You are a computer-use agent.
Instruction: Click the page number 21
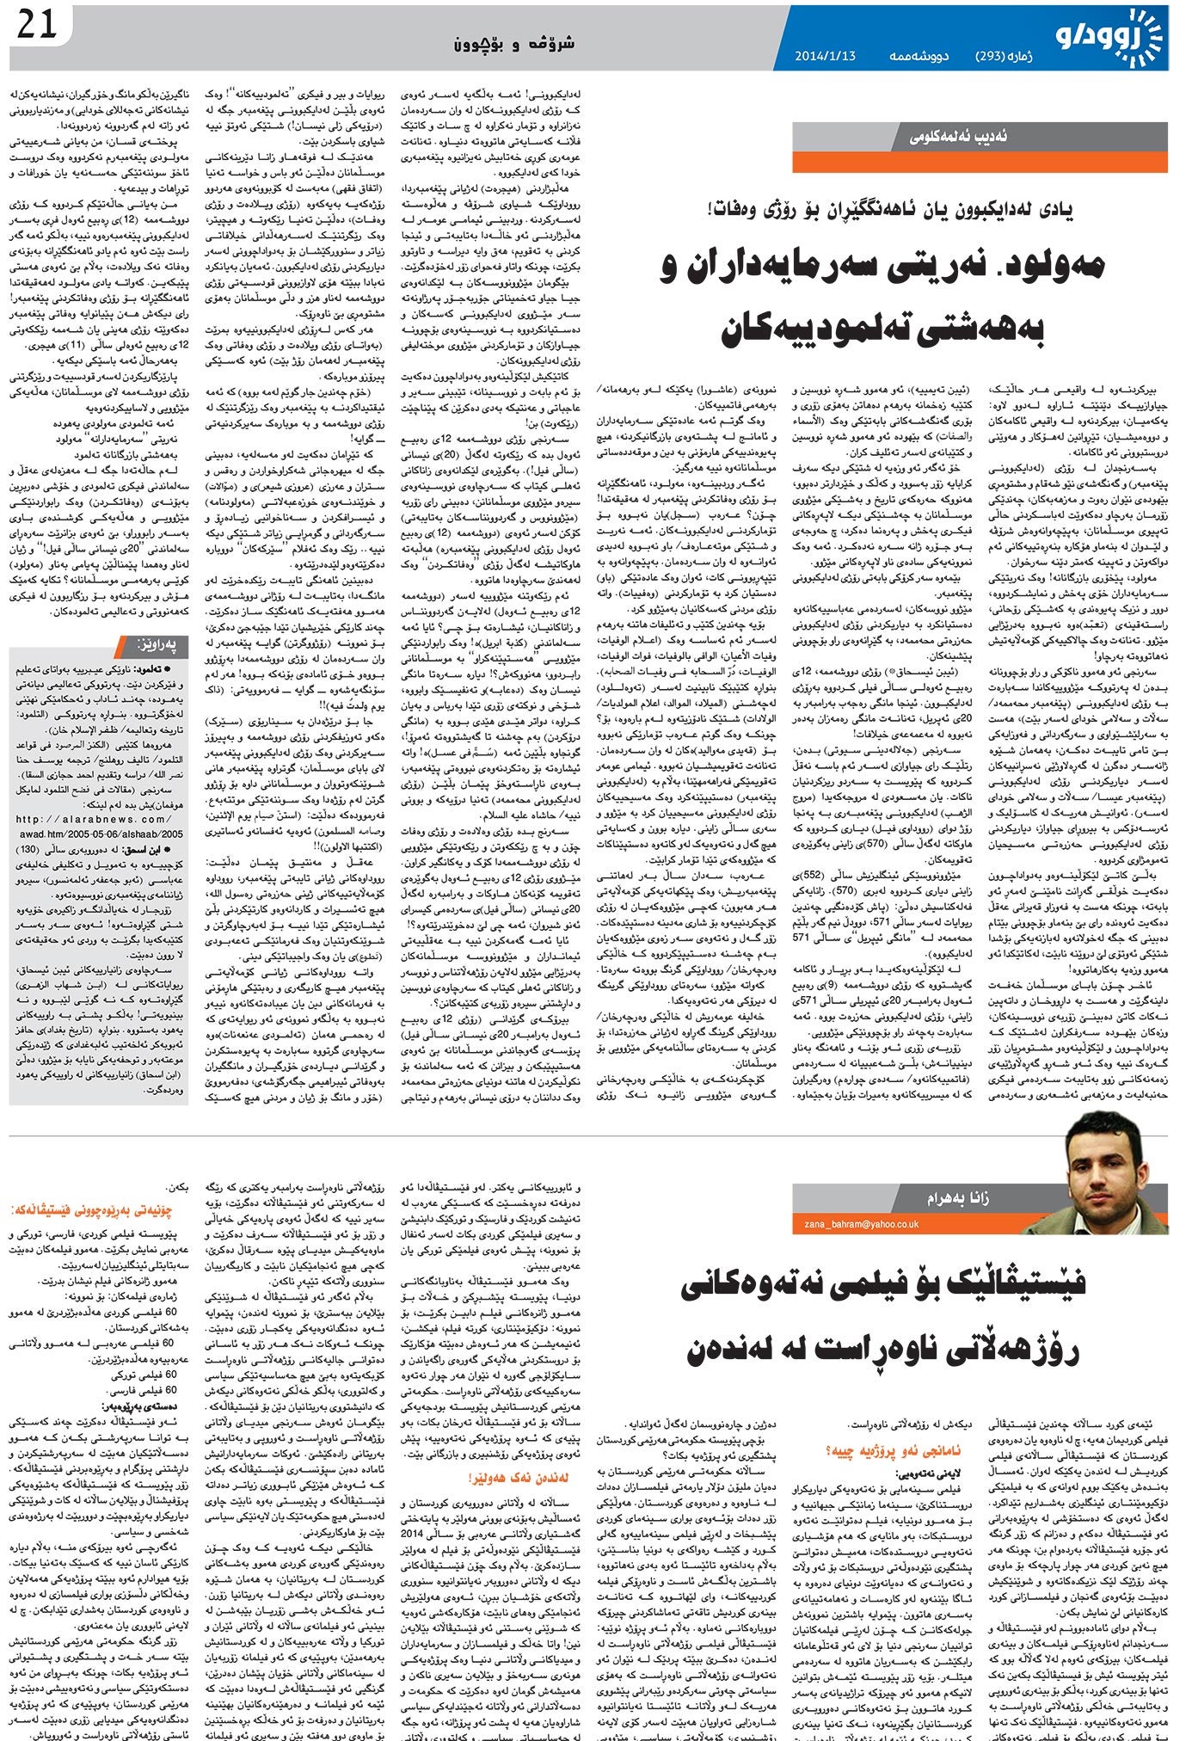tap(35, 25)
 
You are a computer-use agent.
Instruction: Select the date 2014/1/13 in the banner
tap(825, 56)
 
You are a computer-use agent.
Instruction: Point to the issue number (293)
tap(998, 56)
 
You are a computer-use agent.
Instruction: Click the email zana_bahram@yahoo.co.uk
tap(861, 1224)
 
